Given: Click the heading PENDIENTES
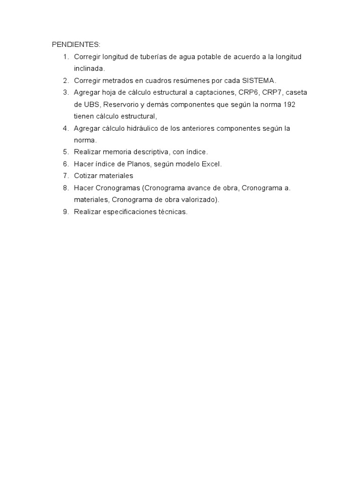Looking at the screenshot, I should coord(76,45).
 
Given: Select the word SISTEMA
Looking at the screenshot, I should coord(258,81).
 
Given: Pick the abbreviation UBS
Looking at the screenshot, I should coord(93,104).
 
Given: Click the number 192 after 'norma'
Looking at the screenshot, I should coord(290,104).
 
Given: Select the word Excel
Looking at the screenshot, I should coord(211,164).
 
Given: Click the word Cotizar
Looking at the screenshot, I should coord(86,176).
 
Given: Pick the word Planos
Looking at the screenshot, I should coord(138,164).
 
